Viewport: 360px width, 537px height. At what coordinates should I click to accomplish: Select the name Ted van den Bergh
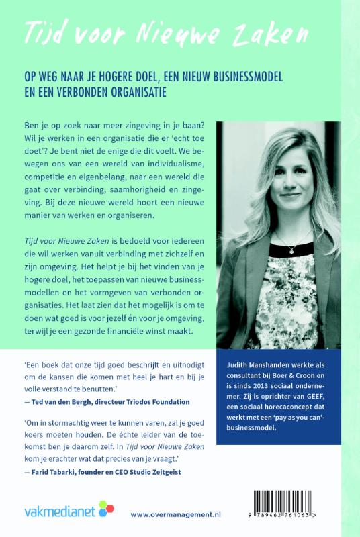pyautogui.click(x=66, y=402)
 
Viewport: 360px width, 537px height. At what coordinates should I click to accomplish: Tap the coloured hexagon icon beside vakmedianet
pyautogui.click(x=106, y=508)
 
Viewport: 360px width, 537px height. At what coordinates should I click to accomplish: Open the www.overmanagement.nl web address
pyautogui.click(x=176, y=514)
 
